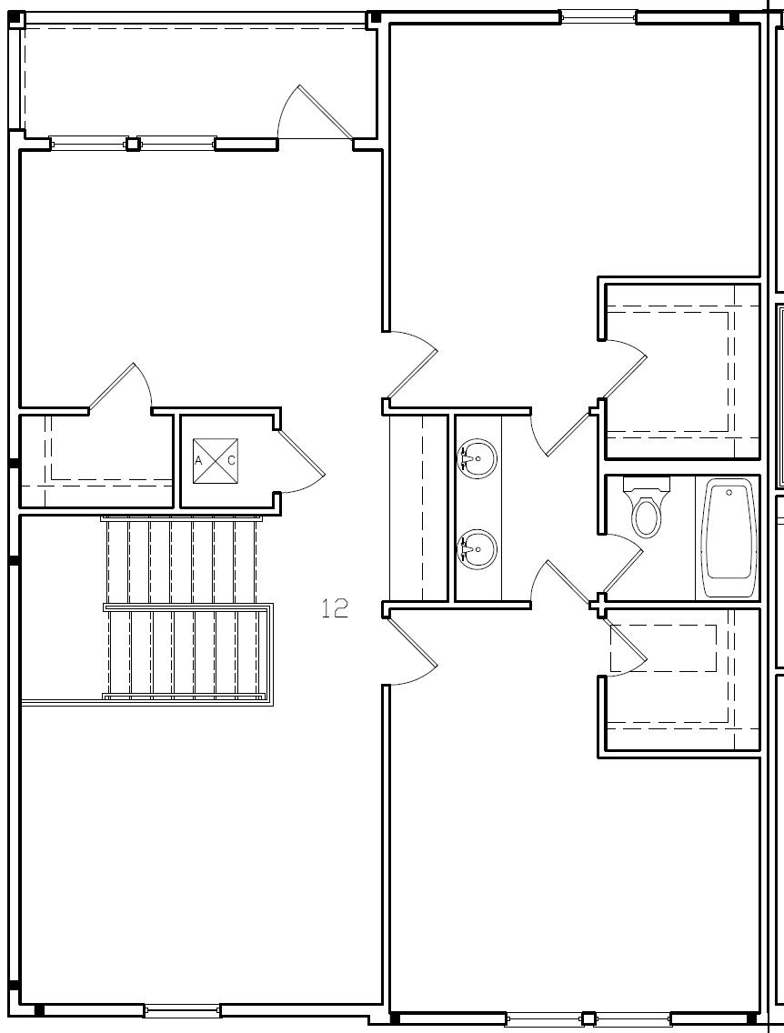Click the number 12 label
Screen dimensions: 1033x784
point(335,608)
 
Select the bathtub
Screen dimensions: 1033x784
point(729,538)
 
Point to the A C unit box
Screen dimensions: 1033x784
point(216,461)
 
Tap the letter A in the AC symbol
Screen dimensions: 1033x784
point(198,461)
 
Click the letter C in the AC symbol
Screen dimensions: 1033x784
point(231,461)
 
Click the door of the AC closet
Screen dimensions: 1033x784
point(300,460)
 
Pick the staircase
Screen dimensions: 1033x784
point(186,607)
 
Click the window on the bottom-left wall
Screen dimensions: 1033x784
point(182,1010)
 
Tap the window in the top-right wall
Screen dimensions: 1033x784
point(597,16)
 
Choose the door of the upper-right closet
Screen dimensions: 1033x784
point(624,373)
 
